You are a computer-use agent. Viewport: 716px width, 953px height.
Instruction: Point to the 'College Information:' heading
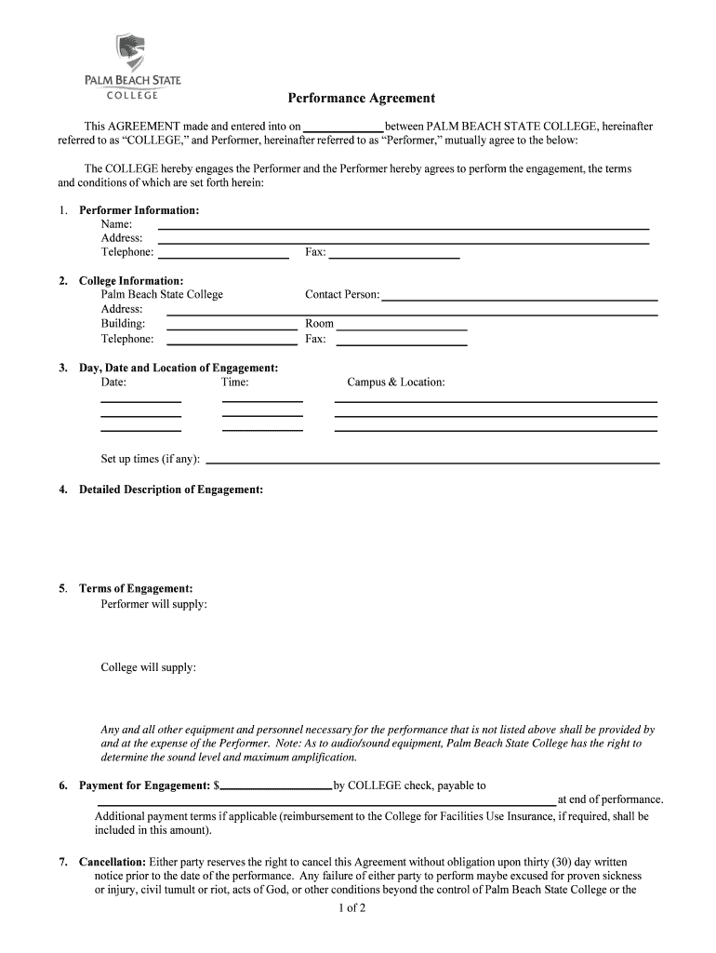click(x=130, y=280)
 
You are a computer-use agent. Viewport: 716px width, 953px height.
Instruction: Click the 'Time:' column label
click(x=234, y=382)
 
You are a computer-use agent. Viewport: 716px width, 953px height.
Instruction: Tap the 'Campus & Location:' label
click(x=396, y=382)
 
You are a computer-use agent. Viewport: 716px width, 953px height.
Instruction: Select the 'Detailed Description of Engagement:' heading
click(x=170, y=489)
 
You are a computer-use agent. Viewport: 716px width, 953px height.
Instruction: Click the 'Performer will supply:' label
click(x=153, y=604)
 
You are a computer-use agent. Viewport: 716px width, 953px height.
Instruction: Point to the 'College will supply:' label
click(x=148, y=667)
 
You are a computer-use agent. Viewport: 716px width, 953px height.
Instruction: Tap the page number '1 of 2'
click(x=352, y=909)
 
